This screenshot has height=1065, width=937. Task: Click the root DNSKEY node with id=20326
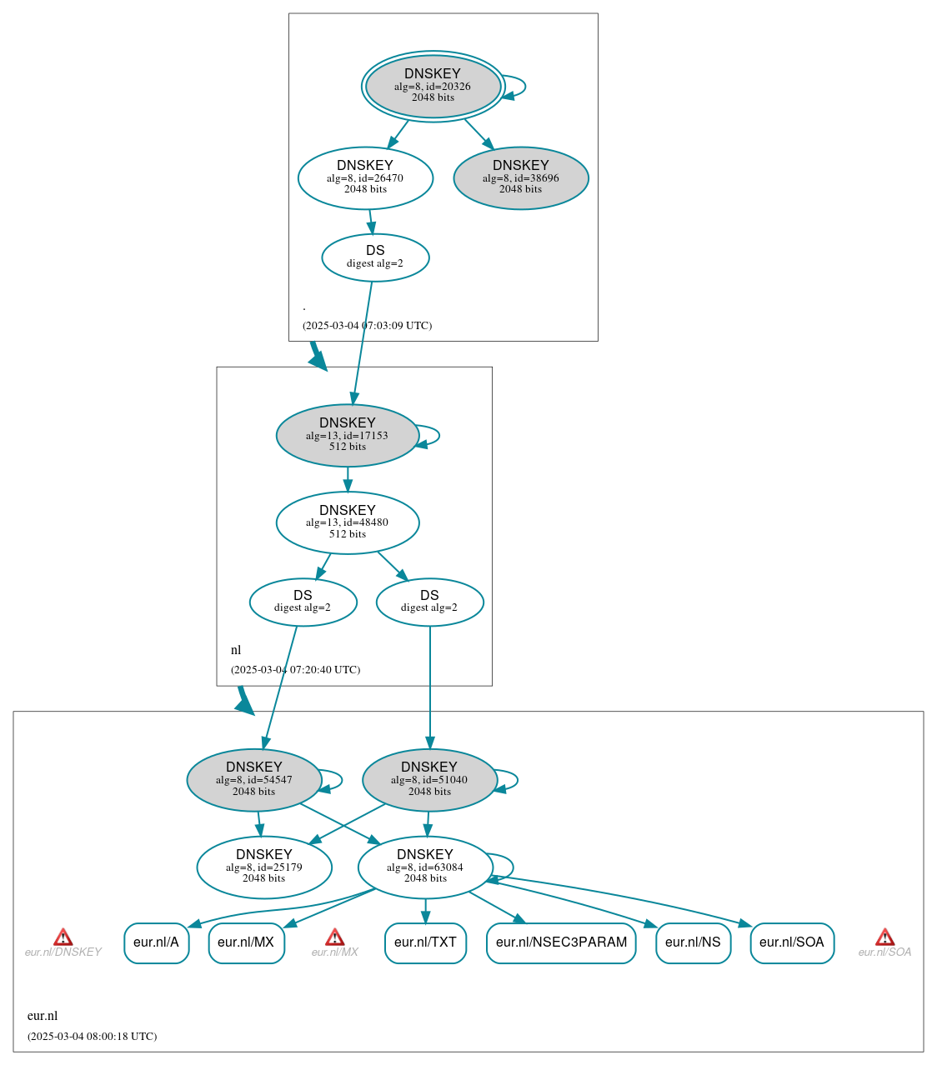(433, 86)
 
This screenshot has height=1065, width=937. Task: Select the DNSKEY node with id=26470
(365, 177)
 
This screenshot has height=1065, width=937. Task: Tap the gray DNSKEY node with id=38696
(521, 177)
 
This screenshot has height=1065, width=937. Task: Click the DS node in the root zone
(375, 257)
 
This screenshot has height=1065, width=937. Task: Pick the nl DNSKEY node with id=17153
(348, 435)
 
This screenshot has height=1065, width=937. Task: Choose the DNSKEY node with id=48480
(348, 522)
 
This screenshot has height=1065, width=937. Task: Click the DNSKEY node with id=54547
(254, 780)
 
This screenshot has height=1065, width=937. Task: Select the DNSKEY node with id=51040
(429, 780)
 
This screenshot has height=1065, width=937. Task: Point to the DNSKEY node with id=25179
(264, 867)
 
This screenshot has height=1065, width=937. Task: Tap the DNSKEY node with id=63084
(425, 867)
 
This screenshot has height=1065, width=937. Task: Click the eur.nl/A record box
(157, 942)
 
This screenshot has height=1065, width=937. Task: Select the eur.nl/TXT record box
(425, 942)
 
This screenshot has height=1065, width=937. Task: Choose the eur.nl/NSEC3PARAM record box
(561, 942)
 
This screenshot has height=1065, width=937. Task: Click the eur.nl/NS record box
(693, 942)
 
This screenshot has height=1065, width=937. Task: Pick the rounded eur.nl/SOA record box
(792, 942)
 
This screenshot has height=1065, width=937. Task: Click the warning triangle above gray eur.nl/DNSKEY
(63, 937)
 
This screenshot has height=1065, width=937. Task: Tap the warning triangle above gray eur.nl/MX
(334, 937)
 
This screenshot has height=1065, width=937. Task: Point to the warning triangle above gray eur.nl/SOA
(884, 937)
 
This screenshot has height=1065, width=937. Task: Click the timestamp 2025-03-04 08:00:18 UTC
(92, 1037)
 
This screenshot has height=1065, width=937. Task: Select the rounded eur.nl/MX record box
(246, 942)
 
